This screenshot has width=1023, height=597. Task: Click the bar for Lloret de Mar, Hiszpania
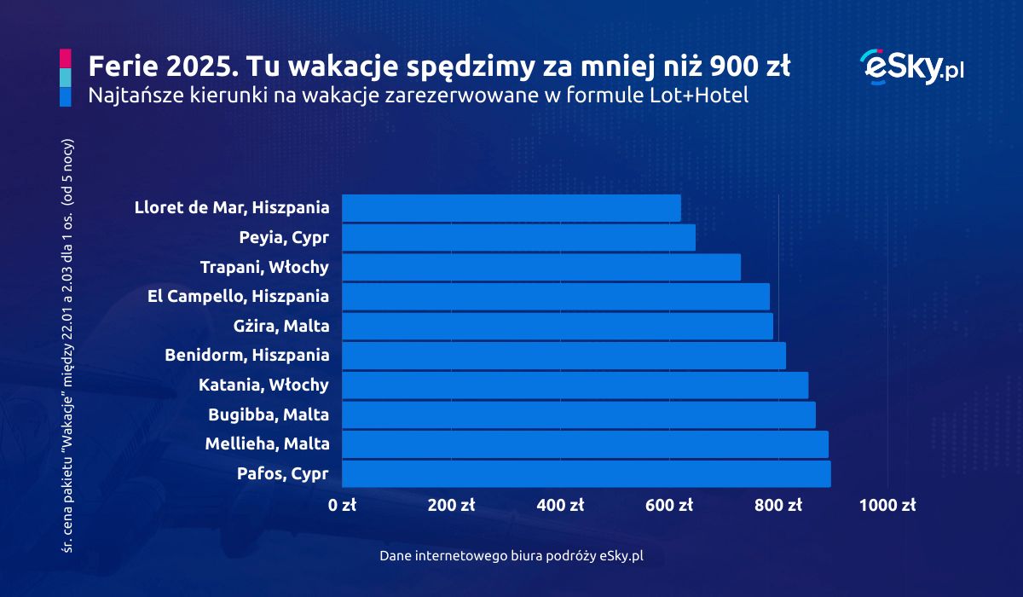[x=511, y=208]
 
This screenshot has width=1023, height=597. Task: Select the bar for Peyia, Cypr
[x=518, y=238]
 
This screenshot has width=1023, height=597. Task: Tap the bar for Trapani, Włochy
[x=541, y=267]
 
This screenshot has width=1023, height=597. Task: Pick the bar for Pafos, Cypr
[x=586, y=474]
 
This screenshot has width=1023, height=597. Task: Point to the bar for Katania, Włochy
[x=575, y=385]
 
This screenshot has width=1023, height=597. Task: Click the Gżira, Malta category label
[x=280, y=326]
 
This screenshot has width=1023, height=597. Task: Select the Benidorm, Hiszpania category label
[x=246, y=356]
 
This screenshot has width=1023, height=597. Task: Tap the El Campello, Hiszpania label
[x=238, y=297]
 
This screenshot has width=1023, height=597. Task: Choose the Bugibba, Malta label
[x=269, y=415]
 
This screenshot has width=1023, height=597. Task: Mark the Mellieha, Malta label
[x=267, y=444]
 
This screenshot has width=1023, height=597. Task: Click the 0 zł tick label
[x=342, y=505]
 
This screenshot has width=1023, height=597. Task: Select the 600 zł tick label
[x=669, y=505]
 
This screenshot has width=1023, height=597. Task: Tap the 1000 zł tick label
[x=887, y=505]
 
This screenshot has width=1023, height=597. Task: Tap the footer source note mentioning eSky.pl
[x=511, y=555]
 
